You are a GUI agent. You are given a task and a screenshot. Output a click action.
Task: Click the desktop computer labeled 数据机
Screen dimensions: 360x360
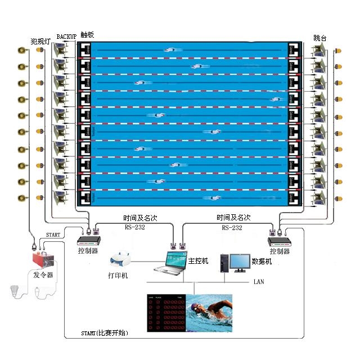235,263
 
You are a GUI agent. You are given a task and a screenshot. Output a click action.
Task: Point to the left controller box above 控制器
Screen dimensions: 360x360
88,241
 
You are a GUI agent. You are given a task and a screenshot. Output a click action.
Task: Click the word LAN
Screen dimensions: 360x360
259,281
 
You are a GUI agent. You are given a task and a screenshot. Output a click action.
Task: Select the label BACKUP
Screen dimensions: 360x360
66,37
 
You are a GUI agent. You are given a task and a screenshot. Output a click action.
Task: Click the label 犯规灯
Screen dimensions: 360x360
40,40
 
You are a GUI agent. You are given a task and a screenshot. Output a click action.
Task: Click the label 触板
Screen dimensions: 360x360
87,34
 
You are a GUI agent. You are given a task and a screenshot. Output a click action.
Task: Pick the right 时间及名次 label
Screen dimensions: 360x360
233,217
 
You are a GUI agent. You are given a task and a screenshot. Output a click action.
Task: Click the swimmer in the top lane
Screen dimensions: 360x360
171,50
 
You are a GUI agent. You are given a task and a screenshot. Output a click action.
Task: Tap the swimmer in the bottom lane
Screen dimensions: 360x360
214,198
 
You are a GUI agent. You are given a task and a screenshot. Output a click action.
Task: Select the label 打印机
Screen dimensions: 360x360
118,276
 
